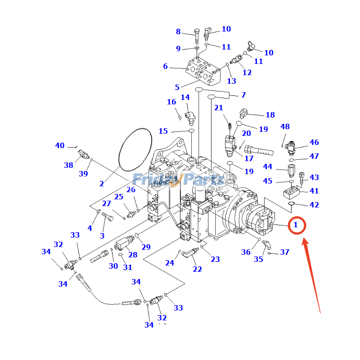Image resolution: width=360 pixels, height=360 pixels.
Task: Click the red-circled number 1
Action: (296, 225)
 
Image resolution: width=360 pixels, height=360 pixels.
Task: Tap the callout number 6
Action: (165, 67)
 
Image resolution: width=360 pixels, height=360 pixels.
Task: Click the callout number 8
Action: (178, 31)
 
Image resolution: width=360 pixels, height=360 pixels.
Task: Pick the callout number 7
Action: (243, 95)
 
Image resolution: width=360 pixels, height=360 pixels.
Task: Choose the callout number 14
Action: (185, 98)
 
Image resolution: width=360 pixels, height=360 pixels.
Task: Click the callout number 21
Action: (219, 108)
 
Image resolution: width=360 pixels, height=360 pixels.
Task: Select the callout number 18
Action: (270, 115)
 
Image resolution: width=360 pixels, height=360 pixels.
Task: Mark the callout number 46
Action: (314, 142)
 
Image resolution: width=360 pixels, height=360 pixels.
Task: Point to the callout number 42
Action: (314, 205)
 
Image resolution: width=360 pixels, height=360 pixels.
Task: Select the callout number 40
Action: (60, 145)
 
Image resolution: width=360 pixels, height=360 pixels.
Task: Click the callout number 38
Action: (68, 165)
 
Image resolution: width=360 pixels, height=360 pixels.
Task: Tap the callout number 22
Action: (198, 269)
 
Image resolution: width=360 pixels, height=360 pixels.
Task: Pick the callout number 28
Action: (133, 255)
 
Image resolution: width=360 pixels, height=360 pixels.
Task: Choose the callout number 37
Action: (285, 252)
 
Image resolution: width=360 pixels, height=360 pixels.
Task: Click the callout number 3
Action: (102, 235)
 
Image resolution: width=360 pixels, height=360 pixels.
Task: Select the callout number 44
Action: (268, 166)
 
